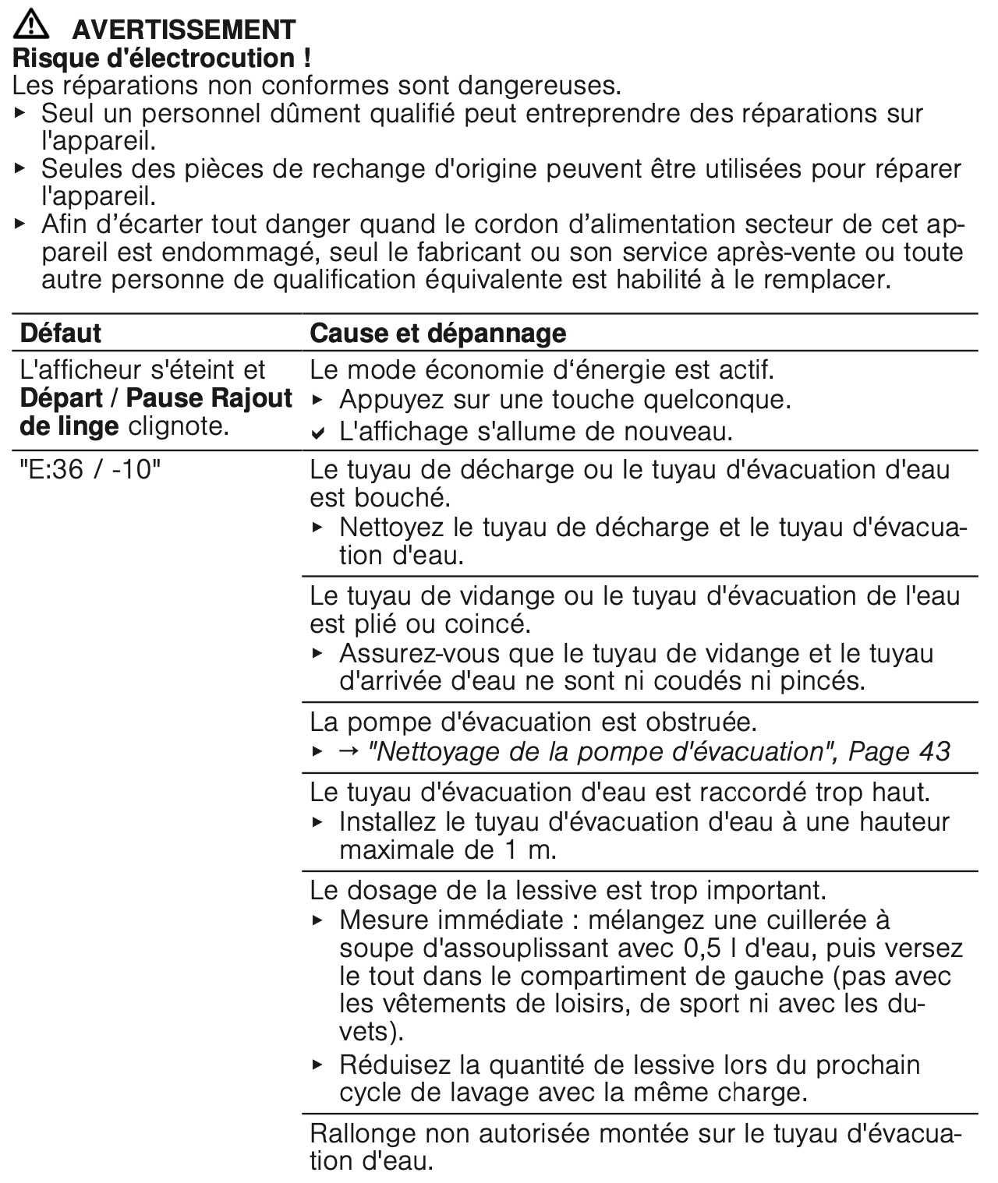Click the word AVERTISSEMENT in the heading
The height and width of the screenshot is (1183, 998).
coord(183,30)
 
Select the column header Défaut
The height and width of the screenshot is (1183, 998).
coord(60,334)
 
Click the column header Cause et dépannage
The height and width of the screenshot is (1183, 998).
coord(437,334)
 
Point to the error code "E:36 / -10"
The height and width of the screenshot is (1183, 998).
coord(88,470)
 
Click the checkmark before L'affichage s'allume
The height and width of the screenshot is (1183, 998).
coord(317,433)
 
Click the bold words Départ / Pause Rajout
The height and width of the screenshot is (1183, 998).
coord(156,398)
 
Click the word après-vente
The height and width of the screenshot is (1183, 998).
coord(780,252)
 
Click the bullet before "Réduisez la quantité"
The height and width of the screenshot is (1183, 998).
coord(317,1064)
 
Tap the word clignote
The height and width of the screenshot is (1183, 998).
coord(179,427)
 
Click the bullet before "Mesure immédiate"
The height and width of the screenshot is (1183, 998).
coord(317,920)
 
